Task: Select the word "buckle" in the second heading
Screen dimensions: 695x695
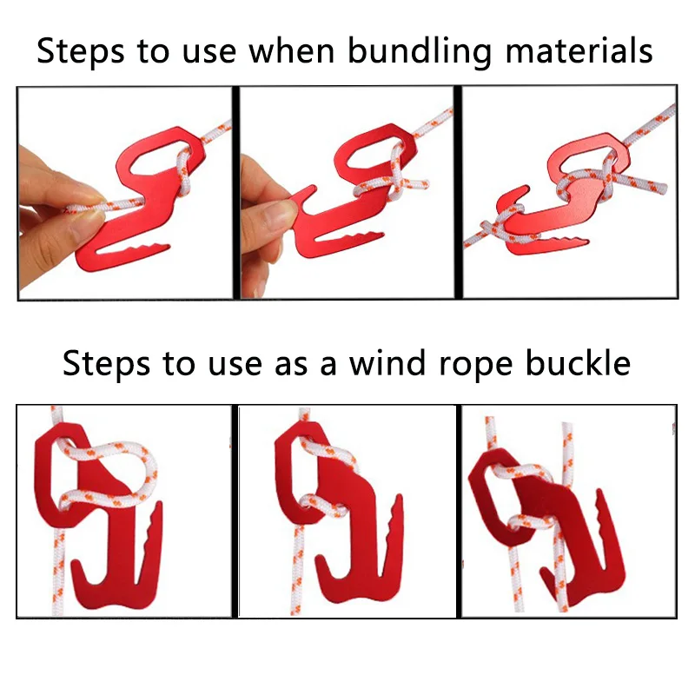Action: click(575, 362)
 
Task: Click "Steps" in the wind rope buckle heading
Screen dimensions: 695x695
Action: click(106, 362)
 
